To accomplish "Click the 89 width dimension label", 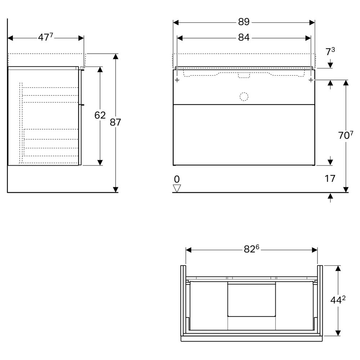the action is [x=244, y=22].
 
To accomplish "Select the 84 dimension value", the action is [x=244, y=37].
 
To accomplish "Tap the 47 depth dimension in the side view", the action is [x=45, y=37].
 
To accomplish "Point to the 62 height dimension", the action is [x=100, y=115].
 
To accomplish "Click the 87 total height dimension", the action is [x=115, y=122].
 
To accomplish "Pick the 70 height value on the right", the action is [x=346, y=135].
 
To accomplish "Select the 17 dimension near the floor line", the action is [x=330, y=179].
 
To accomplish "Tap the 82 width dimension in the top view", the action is [x=251, y=249].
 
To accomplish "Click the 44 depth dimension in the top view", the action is [x=338, y=300].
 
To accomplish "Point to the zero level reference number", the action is [x=177, y=179].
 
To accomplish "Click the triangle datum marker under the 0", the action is [x=177, y=188].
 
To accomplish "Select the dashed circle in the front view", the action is [x=244, y=96].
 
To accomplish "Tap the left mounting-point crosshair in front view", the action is [x=177, y=80].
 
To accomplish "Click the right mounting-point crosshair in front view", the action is [x=311, y=80].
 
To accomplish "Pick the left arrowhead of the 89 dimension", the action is [x=176, y=22].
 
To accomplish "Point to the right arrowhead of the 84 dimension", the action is [x=308, y=38].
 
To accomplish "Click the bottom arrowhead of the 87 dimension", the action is [x=116, y=189].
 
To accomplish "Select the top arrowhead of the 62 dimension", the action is [x=100, y=69].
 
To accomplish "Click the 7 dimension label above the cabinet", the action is [x=330, y=51].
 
